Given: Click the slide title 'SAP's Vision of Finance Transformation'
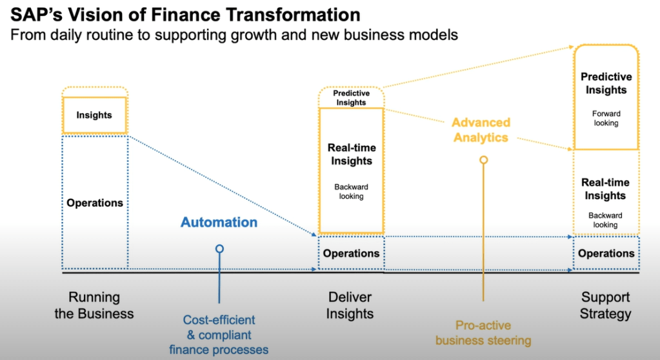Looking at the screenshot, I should click(185, 14).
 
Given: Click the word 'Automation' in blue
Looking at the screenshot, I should click(219, 223).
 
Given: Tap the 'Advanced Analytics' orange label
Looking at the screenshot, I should click(481, 130).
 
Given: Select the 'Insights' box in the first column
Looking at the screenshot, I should click(94, 115).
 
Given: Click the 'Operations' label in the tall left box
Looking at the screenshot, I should click(95, 203).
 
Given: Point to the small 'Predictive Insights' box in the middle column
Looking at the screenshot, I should click(351, 98).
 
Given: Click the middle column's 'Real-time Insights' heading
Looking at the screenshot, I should click(351, 154).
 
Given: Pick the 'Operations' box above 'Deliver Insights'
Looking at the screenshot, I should click(351, 254).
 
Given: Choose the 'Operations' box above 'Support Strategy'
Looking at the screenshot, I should click(606, 254).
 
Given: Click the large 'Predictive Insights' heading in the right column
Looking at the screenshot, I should click(606, 83).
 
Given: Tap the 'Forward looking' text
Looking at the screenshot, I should click(606, 118).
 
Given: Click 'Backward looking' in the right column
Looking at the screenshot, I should click(606, 220).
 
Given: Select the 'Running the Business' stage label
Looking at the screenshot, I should click(94, 306).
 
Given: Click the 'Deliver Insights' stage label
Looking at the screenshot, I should click(350, 306).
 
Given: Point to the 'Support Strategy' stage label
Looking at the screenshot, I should click(605, 306).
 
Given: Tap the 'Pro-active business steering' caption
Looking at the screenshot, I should click(483, 332).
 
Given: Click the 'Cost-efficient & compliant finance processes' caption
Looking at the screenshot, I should click(219, 335).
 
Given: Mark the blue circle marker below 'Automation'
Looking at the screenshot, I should click(219, 248).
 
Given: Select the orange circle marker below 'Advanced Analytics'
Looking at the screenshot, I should click(483, 159).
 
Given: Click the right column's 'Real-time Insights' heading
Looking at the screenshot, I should click(606, 189).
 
